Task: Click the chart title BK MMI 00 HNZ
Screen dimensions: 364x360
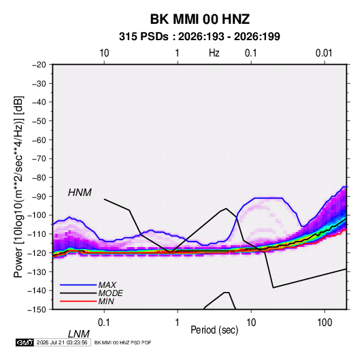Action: [200, 19]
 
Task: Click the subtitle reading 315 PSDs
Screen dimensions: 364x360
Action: [144, 37]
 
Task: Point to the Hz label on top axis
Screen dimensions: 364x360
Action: [214, 53]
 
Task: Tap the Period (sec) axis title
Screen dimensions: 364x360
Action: [214, 330]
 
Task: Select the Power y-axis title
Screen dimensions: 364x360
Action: [18, 187]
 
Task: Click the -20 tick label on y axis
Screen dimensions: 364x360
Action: [39, 65]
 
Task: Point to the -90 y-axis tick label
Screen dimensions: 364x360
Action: [39, 197]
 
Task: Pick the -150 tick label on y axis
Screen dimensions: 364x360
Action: [37, 310]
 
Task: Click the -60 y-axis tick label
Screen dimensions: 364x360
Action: [39, 140]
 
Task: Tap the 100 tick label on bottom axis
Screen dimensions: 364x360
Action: [325, 323]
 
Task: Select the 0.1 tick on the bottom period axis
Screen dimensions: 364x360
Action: [104, 323]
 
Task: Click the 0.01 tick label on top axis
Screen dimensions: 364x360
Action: [324, 53]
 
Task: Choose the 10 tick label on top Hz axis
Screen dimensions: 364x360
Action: [104, 53]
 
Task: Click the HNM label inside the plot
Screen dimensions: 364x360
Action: [80, 193]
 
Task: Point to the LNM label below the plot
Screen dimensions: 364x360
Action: [79, 334]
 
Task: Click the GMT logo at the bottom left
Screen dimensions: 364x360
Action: [24, 342]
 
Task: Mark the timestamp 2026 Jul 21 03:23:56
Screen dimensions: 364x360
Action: [62, 342]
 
